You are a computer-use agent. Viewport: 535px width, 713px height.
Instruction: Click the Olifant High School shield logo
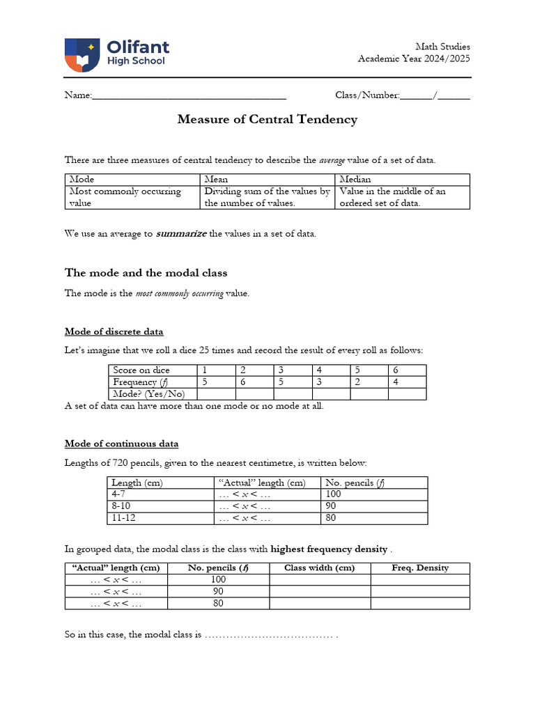[x=82, y=55]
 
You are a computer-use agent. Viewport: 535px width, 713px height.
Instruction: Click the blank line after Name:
[x=189, y=95]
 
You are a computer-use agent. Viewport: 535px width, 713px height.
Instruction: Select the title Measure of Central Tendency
[x=267, y=119]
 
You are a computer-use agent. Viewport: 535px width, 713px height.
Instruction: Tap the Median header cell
[x=402, y=179]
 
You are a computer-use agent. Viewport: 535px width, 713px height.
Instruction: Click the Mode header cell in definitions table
[x=132, y=179]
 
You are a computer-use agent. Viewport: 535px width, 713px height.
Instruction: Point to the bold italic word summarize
[x=181, y=234]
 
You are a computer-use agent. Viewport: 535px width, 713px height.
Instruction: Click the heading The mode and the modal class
[x=146, y=272]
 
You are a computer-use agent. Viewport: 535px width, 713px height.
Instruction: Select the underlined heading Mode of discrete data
[x=114, y=331]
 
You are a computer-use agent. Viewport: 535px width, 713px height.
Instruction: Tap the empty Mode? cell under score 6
[x=407, y=393]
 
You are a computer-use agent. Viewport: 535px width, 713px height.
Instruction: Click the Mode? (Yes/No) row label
[x=153, y=393]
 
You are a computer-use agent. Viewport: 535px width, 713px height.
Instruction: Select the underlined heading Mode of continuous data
[x=121, y=443]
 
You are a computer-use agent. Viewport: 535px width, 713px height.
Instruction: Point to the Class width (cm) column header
[x=320, y=567]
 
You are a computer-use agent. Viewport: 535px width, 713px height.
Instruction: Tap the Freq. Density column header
[x=420, y=567]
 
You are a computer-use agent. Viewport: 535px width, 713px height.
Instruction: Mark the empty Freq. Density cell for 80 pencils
[x=420, y=603]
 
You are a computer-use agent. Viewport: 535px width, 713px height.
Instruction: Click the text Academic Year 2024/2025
[x=414, y=58]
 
